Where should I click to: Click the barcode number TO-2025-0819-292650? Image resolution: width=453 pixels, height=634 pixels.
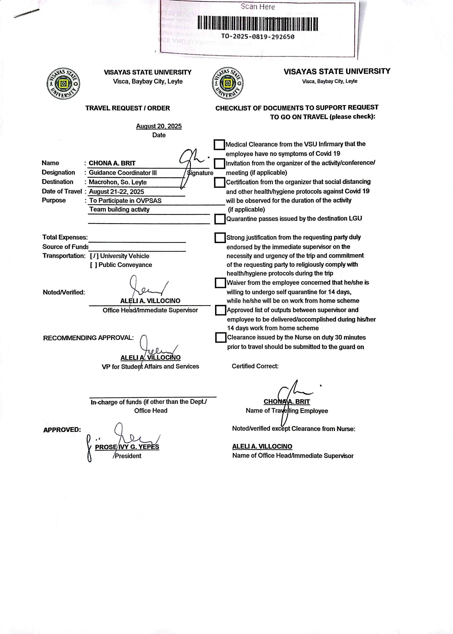point(257,37)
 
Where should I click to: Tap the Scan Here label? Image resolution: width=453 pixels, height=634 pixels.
point(258,7)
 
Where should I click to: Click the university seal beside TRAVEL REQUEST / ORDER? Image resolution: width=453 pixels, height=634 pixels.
point(63,83)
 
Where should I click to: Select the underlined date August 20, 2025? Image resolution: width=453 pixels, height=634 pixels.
point(159,126)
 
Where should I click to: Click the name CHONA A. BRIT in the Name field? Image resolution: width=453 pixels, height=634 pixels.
point(112,163)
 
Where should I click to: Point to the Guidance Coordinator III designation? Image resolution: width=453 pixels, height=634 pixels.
point(123,173)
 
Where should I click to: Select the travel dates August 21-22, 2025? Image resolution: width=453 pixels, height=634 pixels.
point(116,192)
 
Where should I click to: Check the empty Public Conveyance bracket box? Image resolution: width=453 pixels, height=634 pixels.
point(93,265)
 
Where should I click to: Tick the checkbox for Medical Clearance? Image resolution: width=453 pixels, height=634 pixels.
point(219,145)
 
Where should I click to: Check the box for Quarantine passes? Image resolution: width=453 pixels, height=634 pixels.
point(220,219)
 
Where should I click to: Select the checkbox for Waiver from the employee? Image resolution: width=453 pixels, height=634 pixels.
point(220,283)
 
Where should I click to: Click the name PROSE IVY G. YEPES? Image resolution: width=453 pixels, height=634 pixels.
point(127,447)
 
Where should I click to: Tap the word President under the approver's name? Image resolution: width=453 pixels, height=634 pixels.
point(128,456)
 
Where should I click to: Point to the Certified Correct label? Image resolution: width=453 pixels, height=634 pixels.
point(255,366)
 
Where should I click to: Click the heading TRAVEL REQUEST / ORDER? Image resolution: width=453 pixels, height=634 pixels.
point(128,108)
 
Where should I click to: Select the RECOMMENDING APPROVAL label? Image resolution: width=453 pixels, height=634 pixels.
point(88,338)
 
